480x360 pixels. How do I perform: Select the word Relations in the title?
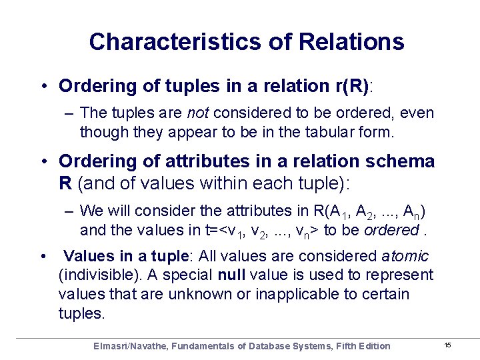pos(352,42)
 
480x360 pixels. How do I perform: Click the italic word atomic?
pos(405,256)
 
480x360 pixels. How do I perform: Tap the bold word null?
pos(230,275)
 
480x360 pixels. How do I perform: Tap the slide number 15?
pos(447,345)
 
